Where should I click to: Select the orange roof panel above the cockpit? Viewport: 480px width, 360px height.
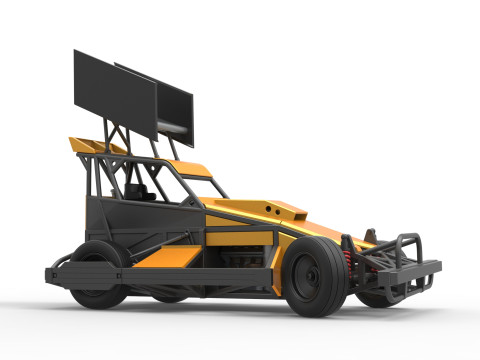[x=184, y=165]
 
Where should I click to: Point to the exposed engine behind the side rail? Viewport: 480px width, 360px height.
[x=235, y=258]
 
